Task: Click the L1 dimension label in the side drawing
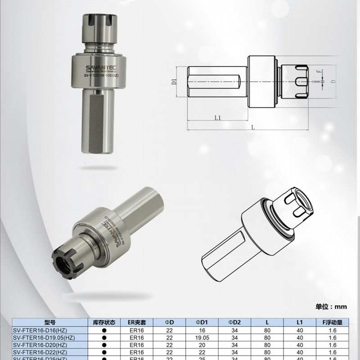[217, 118]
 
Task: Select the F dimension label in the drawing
[318, 72]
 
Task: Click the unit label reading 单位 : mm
[331, 306]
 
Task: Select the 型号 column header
[50, 322]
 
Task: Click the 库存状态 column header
[104, 322]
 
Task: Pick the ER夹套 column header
[136, 322]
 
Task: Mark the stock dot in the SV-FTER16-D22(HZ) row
[104, 352]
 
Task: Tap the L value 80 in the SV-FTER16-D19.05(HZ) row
[267, 337]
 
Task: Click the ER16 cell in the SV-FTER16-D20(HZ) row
[136, 345]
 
